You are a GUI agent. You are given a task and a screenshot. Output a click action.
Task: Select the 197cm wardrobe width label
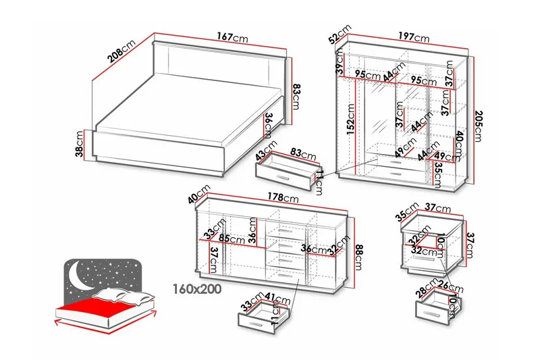(x=412, y=38)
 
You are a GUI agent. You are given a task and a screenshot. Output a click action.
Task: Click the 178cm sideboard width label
(x=281, y=198)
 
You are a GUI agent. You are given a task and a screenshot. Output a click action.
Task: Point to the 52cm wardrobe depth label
(x=341, y=34)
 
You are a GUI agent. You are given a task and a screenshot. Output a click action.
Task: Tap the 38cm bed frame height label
(x=80, y=145)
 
